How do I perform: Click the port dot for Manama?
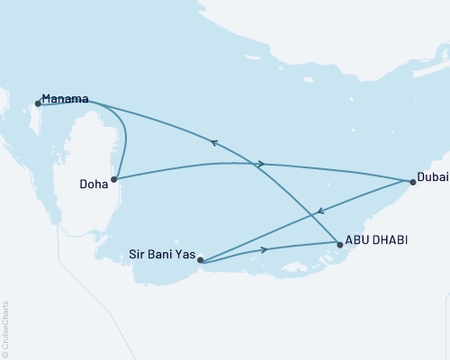point(38,103)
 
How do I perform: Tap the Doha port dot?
point(114,179)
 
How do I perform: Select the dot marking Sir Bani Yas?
point(200,261)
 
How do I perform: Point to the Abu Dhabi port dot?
point(339,243)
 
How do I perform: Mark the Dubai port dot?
point(412,182)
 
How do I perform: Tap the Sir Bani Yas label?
point(163,255)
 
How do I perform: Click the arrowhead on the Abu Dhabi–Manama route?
point(214,141)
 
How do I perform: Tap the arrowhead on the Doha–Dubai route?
point(260,164)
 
